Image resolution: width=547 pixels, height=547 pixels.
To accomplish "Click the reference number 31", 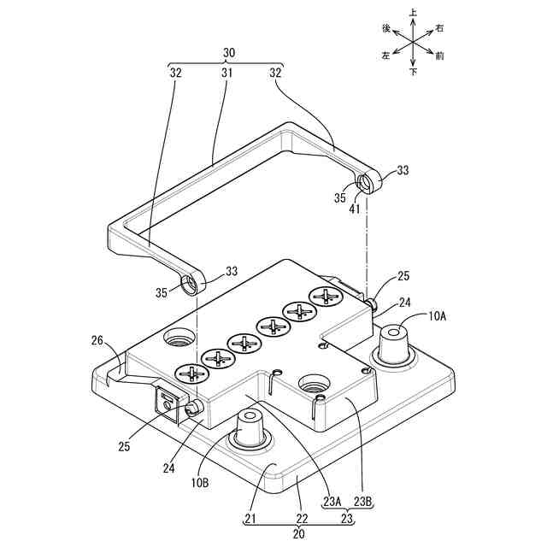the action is point(227,74).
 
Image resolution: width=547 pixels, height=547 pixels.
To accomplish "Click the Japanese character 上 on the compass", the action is point(414,13).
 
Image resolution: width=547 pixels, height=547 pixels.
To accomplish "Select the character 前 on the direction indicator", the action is point(440,56).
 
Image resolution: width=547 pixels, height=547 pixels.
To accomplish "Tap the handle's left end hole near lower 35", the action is point(190,283).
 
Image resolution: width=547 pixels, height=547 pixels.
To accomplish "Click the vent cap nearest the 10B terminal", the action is point(191,373).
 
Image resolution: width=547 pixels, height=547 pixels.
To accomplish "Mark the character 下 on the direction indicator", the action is point(414,73).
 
